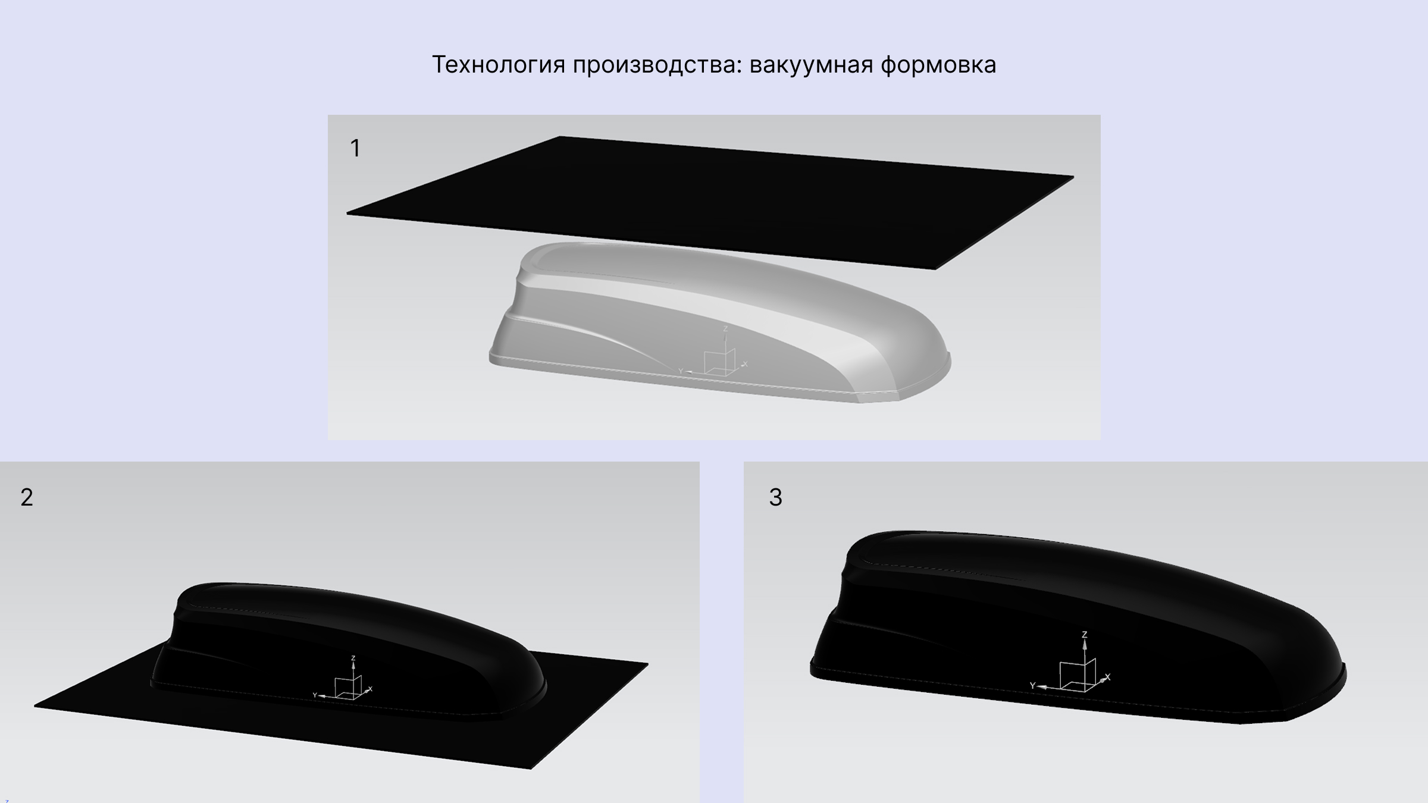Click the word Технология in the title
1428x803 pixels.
[x=498, y=65]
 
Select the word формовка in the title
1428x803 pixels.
[x=938, y=65]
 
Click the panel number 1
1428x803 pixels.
[x=355, y=148]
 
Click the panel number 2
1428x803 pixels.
[x=27, y=497]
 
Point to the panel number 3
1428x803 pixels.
[x=775, y=497]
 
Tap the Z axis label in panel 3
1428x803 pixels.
[x=1084, y=635]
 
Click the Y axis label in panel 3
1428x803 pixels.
[x=1033, y=686]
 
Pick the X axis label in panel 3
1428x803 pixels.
[x=1107, y=677]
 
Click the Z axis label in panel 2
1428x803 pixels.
[x=353, y=658]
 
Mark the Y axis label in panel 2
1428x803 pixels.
[x=315, y=695]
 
